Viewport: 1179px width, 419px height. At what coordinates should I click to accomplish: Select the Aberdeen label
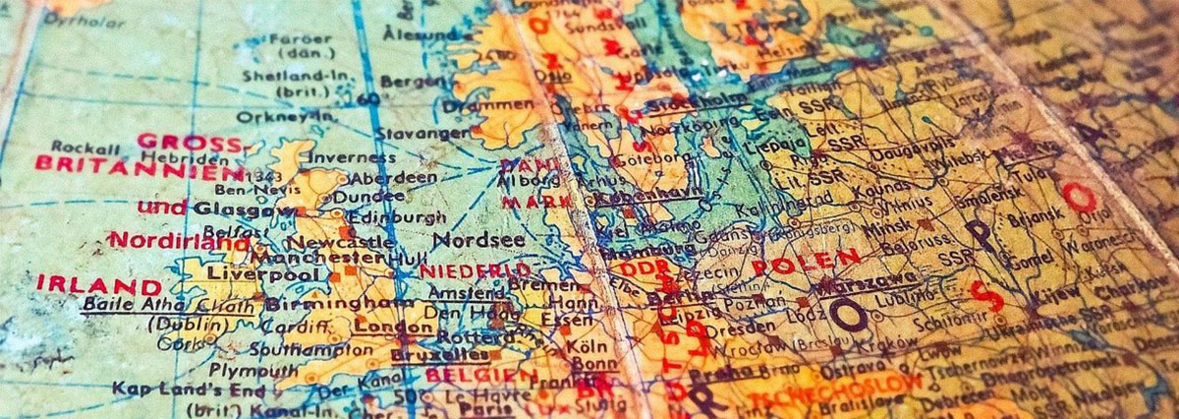[x=392, y=178]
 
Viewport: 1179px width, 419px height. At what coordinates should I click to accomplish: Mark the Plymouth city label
[x=253, y=370]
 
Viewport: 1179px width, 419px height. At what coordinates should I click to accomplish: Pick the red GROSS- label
[x=189, y=142]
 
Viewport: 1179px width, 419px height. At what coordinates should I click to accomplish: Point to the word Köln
[x=586, y=347]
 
